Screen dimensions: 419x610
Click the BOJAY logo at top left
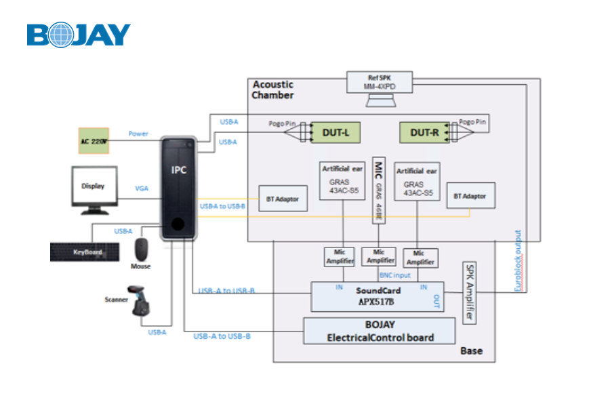[x=79, y=35]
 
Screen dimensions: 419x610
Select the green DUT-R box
[x=424, y=132]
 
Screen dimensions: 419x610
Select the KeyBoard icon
[x=87, y=252]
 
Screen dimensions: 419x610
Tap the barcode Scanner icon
[x=140, y=301]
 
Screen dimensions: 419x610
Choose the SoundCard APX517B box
[x=377, y=297]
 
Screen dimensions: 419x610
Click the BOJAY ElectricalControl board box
[x=380, y=331]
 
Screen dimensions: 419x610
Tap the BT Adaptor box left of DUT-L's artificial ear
[x=283, y=199]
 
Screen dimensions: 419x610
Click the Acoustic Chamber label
[x=273, y=89]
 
